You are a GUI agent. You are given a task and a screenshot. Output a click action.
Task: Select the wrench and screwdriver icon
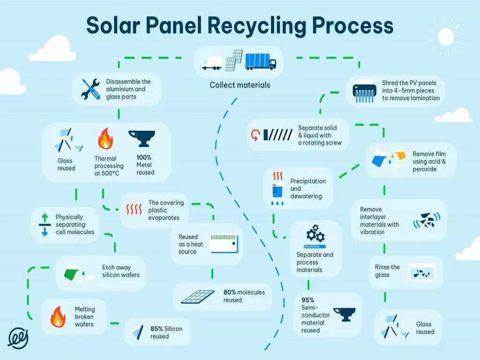[90, 89]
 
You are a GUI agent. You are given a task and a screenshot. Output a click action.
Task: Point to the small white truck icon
[211, 63]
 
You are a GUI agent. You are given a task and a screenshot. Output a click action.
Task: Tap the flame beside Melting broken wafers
[58, 317]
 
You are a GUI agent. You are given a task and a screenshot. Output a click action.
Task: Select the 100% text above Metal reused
[144, 157]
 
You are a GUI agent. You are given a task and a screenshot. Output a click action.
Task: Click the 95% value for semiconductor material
[308, 300]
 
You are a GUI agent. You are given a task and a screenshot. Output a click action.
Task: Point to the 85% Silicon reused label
[166, 332]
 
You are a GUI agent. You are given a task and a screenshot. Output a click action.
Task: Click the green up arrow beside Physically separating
[45, 218]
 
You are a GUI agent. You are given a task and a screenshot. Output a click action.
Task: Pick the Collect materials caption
[240, 85]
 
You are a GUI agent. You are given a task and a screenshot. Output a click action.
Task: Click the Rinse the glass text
[387, 271]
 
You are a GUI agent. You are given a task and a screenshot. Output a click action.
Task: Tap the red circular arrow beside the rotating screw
[255, 135]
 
